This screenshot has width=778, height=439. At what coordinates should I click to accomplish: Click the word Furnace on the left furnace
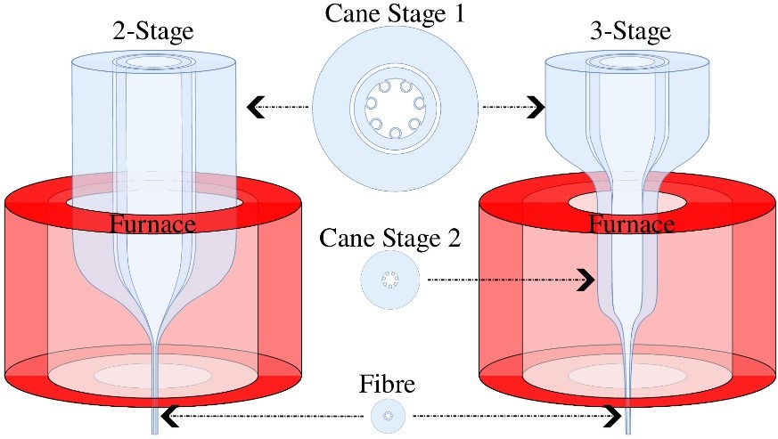click(152, 224)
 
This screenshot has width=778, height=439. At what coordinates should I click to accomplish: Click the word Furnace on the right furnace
click(631, 224)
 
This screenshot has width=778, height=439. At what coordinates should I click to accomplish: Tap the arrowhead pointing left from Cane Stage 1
click(257, 108)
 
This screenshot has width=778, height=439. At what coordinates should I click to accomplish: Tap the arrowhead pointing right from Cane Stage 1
click(535, 108)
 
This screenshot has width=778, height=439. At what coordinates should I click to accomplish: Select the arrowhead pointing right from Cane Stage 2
click(585, 280)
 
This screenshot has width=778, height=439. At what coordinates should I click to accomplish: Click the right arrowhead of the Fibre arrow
click(612, 415)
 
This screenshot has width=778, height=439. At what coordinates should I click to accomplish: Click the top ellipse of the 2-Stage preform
click(153, 62)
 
